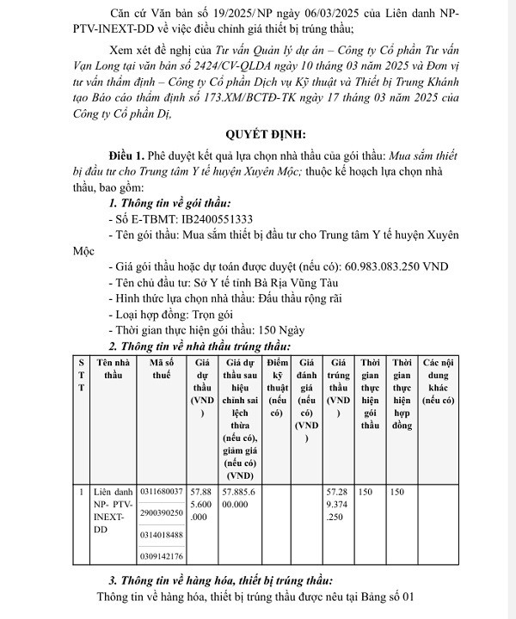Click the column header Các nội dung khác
(x=438, y=382)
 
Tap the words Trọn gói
(x=219, y=314)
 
